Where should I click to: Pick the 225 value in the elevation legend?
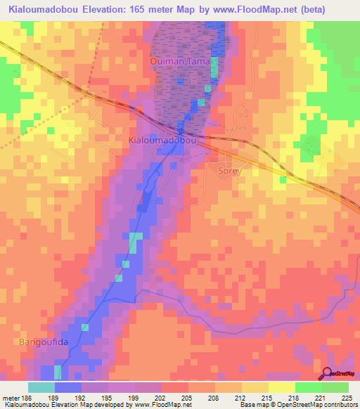pyautogui.click(x=346, y=396)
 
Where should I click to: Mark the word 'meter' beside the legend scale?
pyautogui.click(x=9, y=396)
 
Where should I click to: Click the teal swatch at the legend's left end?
pyautogui.click(x=41, y=387)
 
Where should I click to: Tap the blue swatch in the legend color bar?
pyautogui.click(x=68, y=387)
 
